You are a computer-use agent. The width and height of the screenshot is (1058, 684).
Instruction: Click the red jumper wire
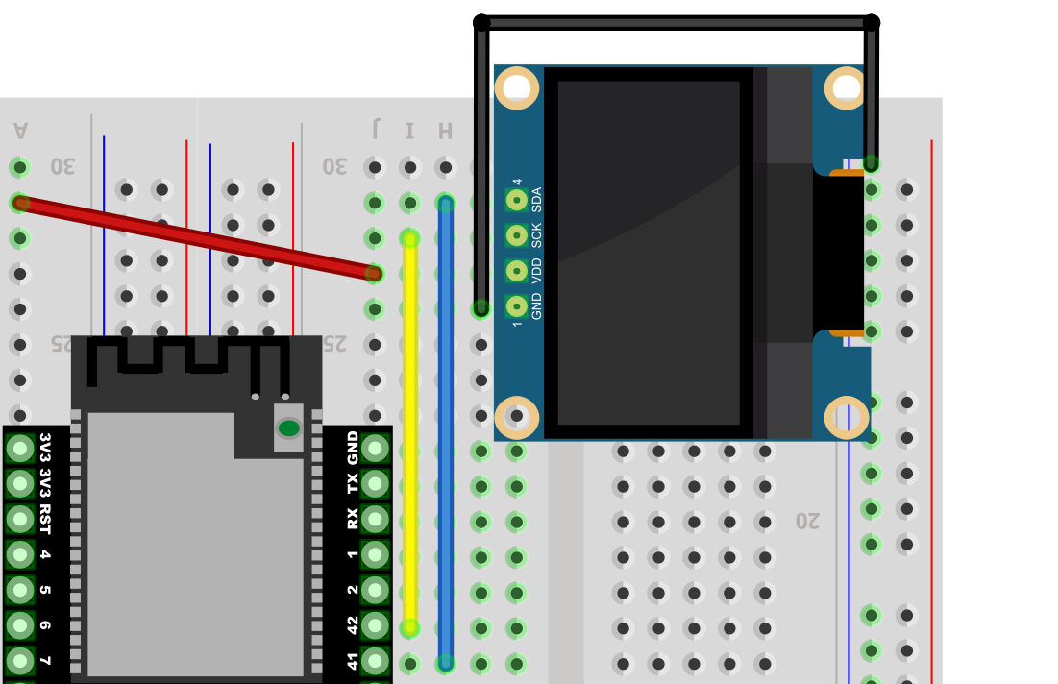(x=196, y=238)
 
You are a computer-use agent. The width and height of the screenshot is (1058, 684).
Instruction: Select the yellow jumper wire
(x=409, y=433)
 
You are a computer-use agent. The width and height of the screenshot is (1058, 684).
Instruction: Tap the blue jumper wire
(x=445, y=432)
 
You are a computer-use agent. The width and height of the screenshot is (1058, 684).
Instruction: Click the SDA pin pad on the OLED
(x=517, y=200)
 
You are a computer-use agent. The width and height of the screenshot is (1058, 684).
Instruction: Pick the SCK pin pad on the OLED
(x=517, y=235)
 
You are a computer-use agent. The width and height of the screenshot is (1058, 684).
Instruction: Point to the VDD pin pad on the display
(x=517, y=271)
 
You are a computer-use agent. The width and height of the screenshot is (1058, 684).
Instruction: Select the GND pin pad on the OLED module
(x=517, y=306)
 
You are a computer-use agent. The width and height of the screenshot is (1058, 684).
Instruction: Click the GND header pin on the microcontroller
(x=375, y=449)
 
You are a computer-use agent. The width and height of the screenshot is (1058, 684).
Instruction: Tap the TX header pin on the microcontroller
(x=375, y=483)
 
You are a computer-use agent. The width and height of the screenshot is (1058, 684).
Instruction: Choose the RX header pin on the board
(x=375, y=520)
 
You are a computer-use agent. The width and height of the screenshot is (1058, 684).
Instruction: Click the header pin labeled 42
(x=375, y=626)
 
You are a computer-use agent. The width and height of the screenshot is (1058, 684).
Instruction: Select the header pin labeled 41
(x=375, y=661)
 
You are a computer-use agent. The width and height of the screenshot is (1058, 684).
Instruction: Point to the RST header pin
(x=20, y=520)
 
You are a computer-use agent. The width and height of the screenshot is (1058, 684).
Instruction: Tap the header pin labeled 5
(x=20, y=590)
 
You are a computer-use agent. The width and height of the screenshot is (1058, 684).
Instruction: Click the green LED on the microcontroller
(x=289, y=428)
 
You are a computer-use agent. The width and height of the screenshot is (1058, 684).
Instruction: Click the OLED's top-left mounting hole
(x=517, y=87)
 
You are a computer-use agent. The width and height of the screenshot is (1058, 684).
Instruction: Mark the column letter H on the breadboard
(x=445, y=131)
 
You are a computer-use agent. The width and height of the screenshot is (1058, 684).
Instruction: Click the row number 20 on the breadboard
(x=807, y=521)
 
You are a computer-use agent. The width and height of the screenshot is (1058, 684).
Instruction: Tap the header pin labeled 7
(x=20, y=661)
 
